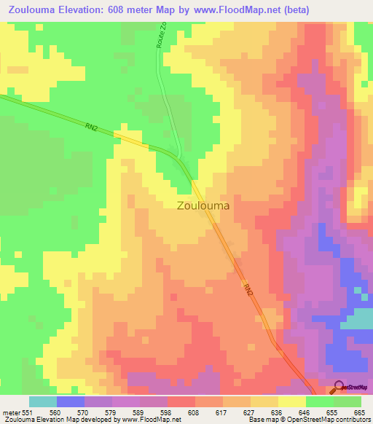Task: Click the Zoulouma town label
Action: click(x=203, y=205)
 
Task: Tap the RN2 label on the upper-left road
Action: click(x=91, y=127)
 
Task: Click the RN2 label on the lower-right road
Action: click(x=249, y=289)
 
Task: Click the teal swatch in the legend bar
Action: click(x=43, y=401)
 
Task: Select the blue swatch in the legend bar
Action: click(x=71, y=401)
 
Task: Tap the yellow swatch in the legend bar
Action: click(x=292, y=401)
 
